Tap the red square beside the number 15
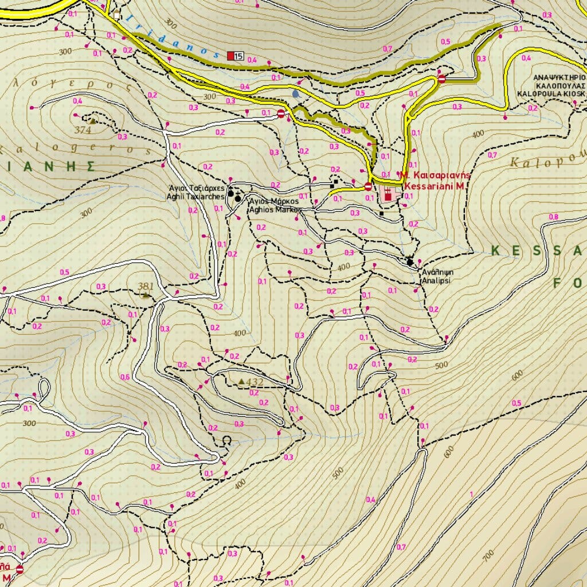tap(231, 56)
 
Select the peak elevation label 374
tap(83, 130)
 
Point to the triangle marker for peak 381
tap(146, 295)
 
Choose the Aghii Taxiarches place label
tap(195, 192)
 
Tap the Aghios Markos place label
tap(274, 206)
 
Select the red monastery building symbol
tap(388, 195)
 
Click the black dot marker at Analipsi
tap(410, 263)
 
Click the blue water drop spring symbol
tap(295, 93)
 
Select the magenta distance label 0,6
tap(124, 377)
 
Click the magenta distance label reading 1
tap(471, 494)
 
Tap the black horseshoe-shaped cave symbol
tap(227, 440)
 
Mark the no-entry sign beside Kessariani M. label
tap(368, 186)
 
